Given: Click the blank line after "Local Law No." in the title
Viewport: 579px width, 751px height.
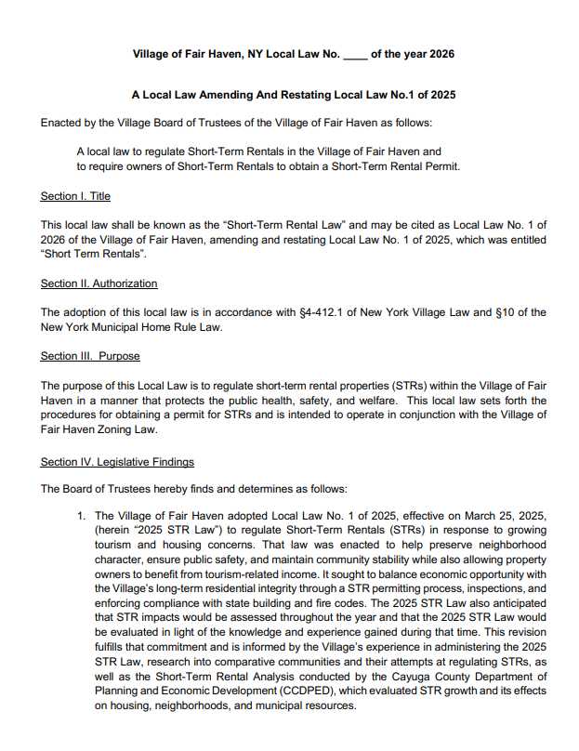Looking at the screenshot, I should pos(355,55).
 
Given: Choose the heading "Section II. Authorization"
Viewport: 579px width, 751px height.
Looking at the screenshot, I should pos(99,283).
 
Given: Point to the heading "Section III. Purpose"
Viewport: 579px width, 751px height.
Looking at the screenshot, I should pos(90,356).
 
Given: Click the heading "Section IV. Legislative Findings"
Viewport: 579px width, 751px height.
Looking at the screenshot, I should pos(117,462).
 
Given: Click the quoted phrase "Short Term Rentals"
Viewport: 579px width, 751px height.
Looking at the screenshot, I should pos(86,254).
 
